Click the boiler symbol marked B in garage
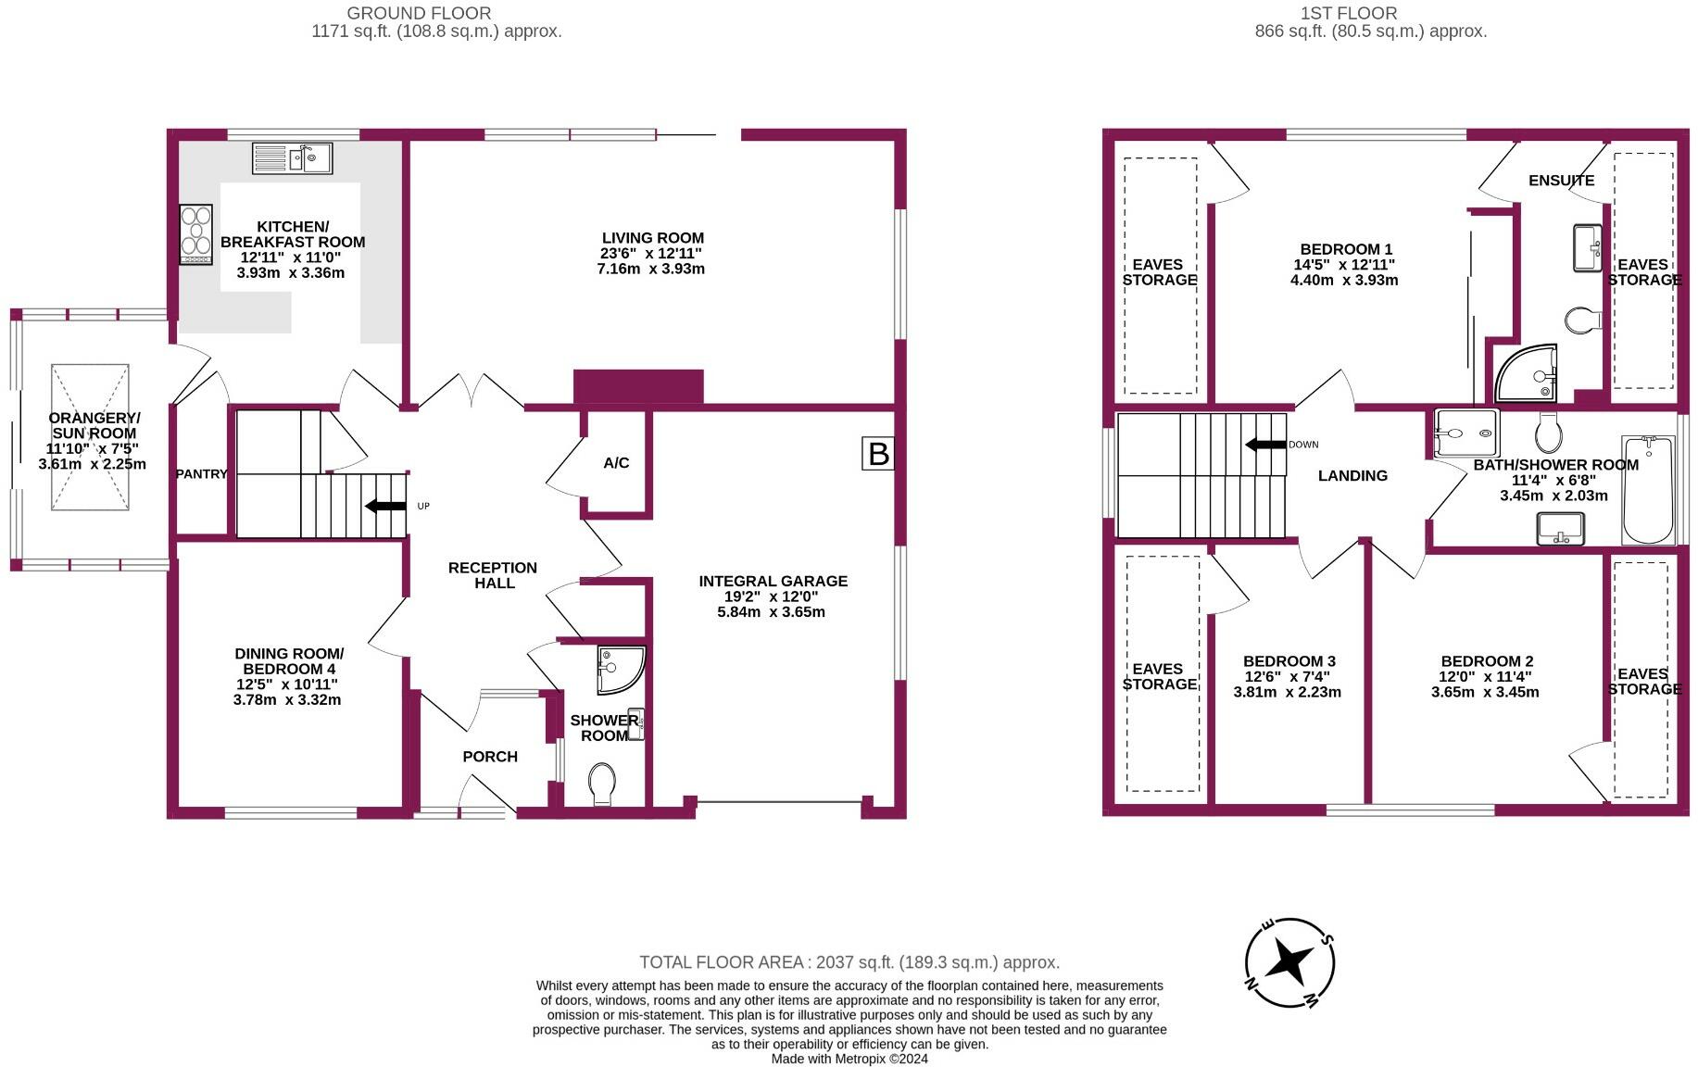pyautogui.click(x=878, y=454)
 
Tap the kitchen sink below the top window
pyautogui.click(x=292, y=158)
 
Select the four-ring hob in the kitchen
pyautogui.click(x=195, y=234)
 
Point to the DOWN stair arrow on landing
pyautogui.click(x=1265, y=445)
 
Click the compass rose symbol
pyautogui.click(x=1289, y=962)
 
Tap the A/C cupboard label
pyautogui.click(x=616, y=462)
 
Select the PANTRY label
pyautogui.click(x=201, y=474)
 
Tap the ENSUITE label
pyautogui.click(x=1561, y=180)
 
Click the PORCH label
pyautogui.click(x=490, y=757)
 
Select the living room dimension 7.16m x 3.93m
pyautogui.click(x=651, y=270)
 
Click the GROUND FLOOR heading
pyautogui.click(x=419, y=13)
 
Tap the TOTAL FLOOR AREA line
pyautogui.click(x=849, y=962)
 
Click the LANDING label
pyautogui.click(x=1352, y=475)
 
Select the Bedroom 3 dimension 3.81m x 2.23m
pyautogui.click(x=1288, y=692)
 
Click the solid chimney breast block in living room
pyautogui.click(x=638, y=386)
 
